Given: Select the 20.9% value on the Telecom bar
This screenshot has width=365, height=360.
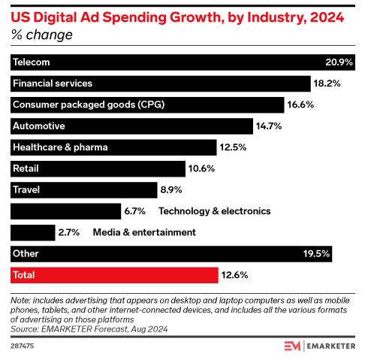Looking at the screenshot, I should (338, 62).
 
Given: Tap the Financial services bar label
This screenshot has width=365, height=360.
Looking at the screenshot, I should (50, 83).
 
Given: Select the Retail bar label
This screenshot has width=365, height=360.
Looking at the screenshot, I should (26, 168).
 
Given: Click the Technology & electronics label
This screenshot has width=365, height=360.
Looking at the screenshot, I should (214, 211).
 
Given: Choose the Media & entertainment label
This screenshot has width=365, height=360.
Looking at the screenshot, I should (144, 232).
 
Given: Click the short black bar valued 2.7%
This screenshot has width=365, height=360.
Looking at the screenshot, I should (32, 232).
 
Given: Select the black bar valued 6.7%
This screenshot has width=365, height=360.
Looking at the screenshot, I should (65, 211).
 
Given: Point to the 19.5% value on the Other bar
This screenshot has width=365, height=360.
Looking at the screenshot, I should (338, 253).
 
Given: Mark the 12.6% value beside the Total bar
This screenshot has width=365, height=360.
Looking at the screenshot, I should (234, 274).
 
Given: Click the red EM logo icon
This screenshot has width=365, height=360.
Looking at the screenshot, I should (293, 346).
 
